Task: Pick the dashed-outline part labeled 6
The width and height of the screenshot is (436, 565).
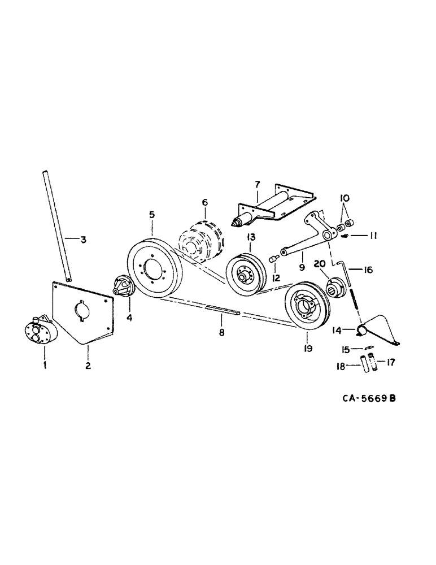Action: point(257,184)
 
